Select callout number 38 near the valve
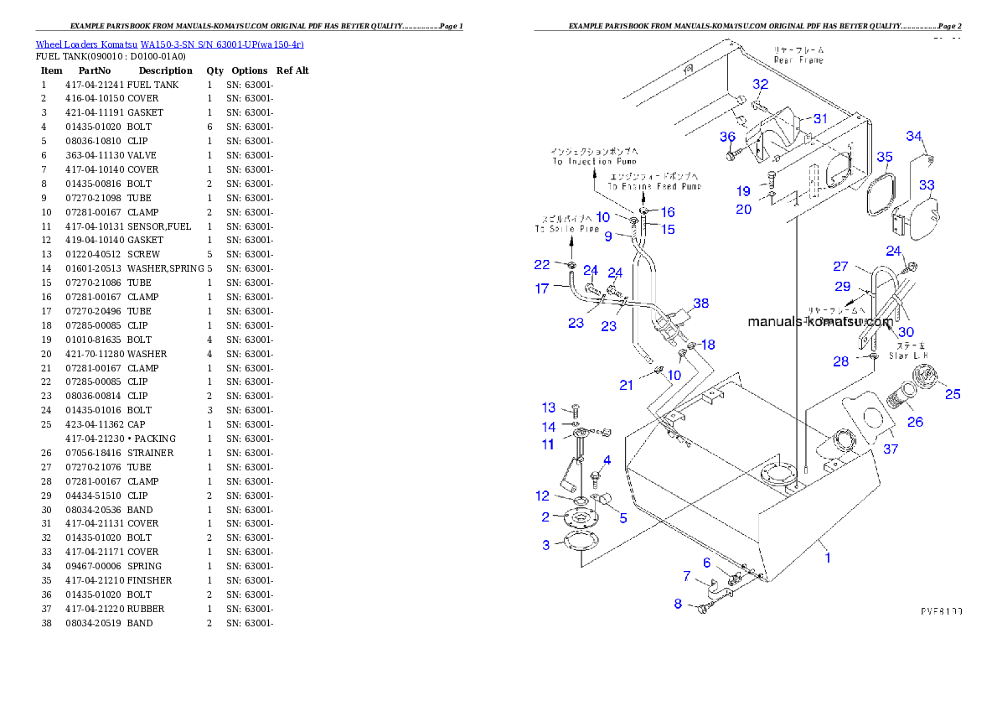click(700, 304)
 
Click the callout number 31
click(819, 118)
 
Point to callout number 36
click(727, 137)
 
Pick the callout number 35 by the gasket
click(885, 157)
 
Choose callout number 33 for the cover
click(927, 184)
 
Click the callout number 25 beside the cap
click(953, 394)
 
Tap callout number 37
click(891, 449)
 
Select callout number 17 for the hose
click(542, 288)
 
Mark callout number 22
click(542, 264)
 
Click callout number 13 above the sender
click(549, 408)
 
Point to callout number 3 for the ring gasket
click(546, 545)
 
